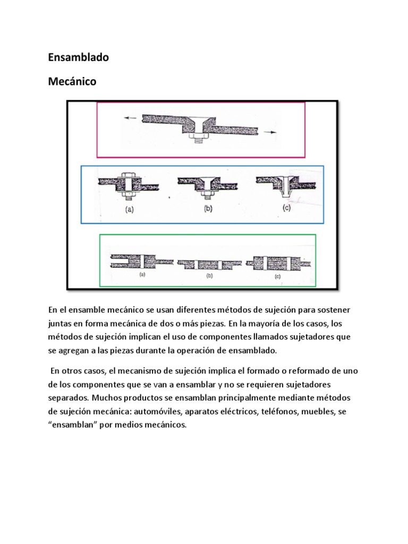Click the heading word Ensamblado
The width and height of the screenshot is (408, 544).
(78, 57)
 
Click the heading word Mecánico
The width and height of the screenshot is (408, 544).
(72, 82)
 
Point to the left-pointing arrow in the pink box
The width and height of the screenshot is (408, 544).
(130, 119)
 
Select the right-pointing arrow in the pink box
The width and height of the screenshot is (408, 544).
(270, 133)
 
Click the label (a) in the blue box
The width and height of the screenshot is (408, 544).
(129, 210)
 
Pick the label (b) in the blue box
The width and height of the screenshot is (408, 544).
(208, 209)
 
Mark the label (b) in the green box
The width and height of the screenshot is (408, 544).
(209, 276)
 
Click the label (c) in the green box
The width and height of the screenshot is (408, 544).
(276, 276)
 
